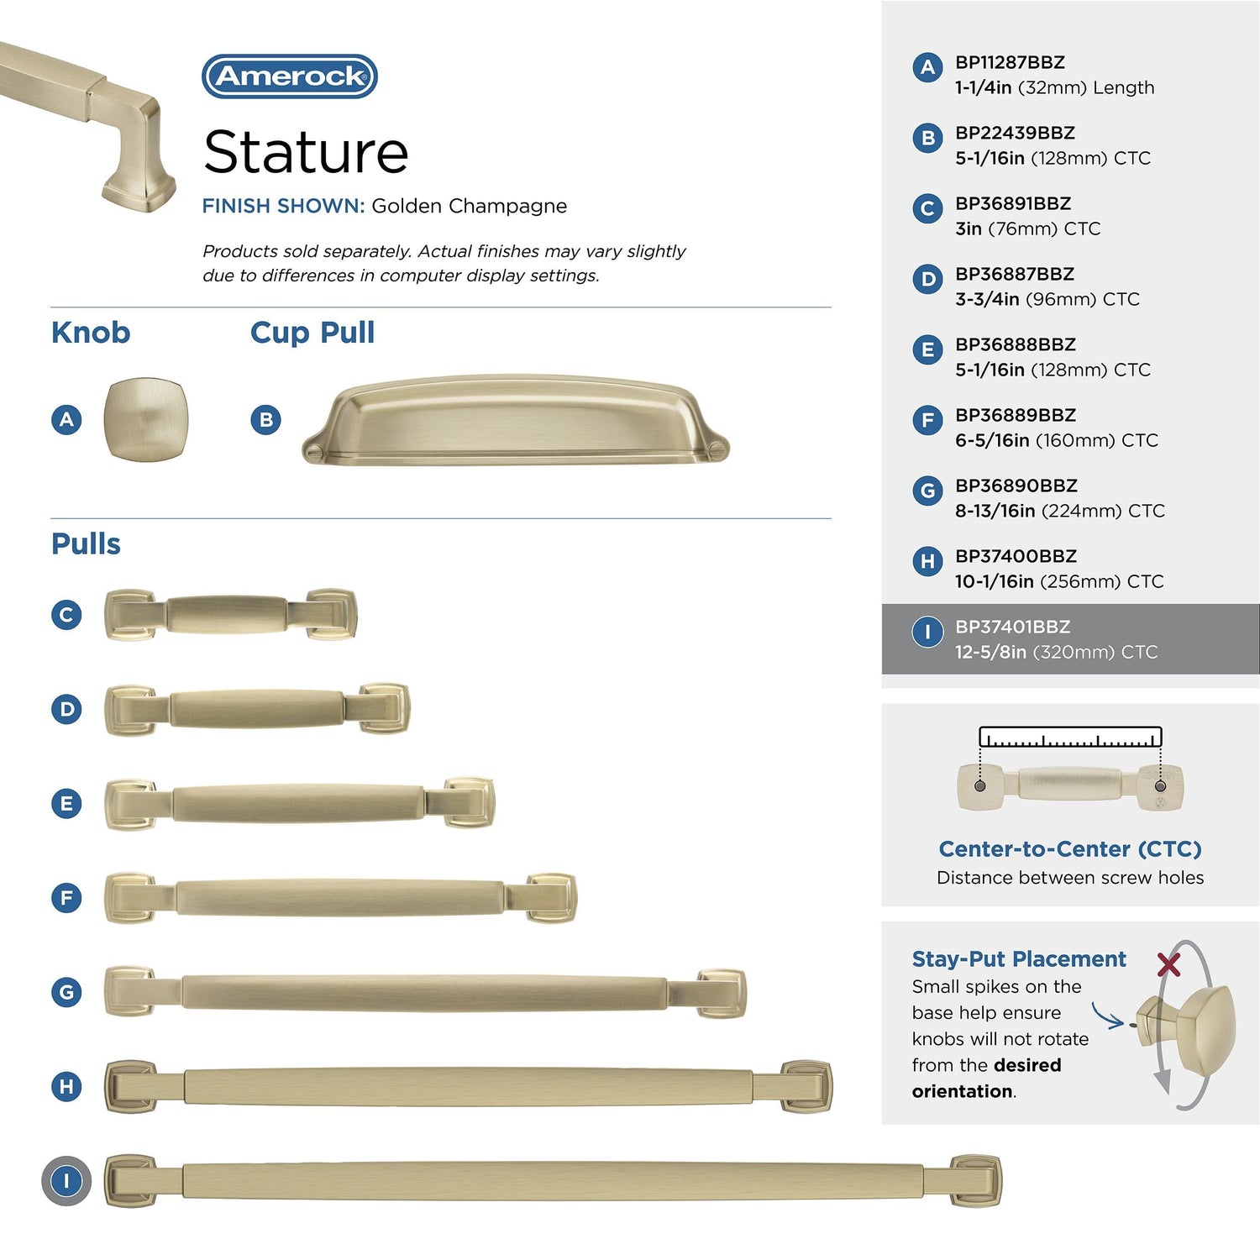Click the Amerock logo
[x=290, y=76]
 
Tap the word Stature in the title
[x=306, y=152]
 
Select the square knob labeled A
[x=145, y=419]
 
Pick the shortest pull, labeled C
[x=231, y=615]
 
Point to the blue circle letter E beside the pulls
[x=66, y=804]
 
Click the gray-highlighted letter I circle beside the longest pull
[x=66, y=1181]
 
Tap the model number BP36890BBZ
[x=1016, y=486]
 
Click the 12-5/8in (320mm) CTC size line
[x=1056, y=652]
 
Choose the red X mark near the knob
[x=1168, y=964]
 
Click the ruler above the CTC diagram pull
[x=1070, y=737]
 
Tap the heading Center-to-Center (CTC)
[x=1070, y=849]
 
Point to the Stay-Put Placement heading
[x=1019, y=959]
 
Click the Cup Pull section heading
[x=312, y=333]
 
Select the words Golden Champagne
[x=469, y=206]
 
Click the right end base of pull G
[x=720, y=993]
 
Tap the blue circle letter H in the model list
[x=927, y=561]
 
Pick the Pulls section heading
[x=86, y=543]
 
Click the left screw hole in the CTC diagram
[x=979, y=786]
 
